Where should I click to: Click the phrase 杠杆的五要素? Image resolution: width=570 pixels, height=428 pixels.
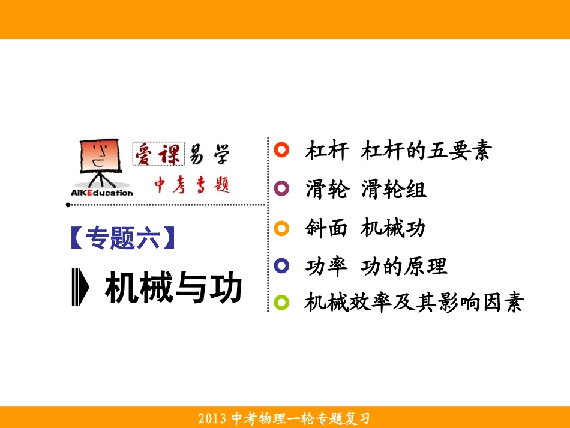pyautogui.click(x=426, y=151)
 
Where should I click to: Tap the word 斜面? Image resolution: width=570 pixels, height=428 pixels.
pyautogui.click(x=326, y=228)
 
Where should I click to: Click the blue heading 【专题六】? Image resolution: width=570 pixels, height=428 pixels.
pyautogui.click(x=123, y=238)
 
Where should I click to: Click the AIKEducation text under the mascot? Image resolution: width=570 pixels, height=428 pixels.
pyautogui.click(x=97, y=193)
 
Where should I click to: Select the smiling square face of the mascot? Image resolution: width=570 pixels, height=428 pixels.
pyautogui.click(x=98, y=155)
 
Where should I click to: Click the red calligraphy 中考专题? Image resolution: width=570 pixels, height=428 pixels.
pyautogui.click(x=192, y=184)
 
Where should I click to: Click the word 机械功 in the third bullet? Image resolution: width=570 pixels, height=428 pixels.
pyautogui.click(x=393, y=228)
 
